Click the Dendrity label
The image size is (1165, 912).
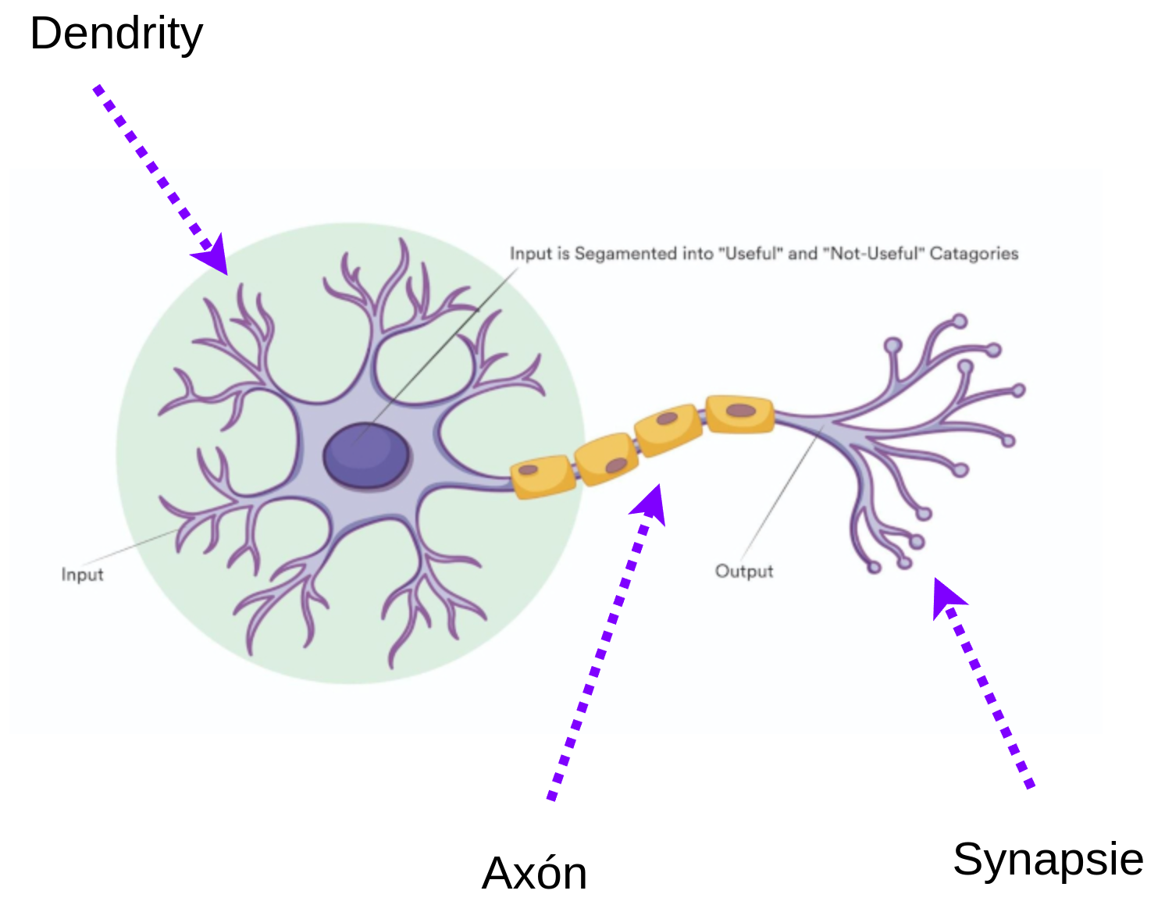coord(116,34)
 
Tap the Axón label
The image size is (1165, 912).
coord(535,874)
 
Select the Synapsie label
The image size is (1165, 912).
coord(1048,861)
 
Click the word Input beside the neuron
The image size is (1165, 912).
coord(82,574)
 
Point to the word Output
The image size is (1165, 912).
coord(744,571)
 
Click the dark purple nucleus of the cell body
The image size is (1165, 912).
coord(367,455)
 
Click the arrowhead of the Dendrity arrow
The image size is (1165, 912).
coord(213,255)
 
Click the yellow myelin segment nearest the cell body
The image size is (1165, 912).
coord(543,476)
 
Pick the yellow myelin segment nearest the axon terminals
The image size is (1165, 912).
coord(740,414)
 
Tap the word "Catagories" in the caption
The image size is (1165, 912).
coord(974,254)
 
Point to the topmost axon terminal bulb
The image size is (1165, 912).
coord(960,321)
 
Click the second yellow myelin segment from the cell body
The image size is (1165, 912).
coord(607,459)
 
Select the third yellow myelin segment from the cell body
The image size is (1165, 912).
coord(668,430)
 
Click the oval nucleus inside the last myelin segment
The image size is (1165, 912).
coord(741,411)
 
